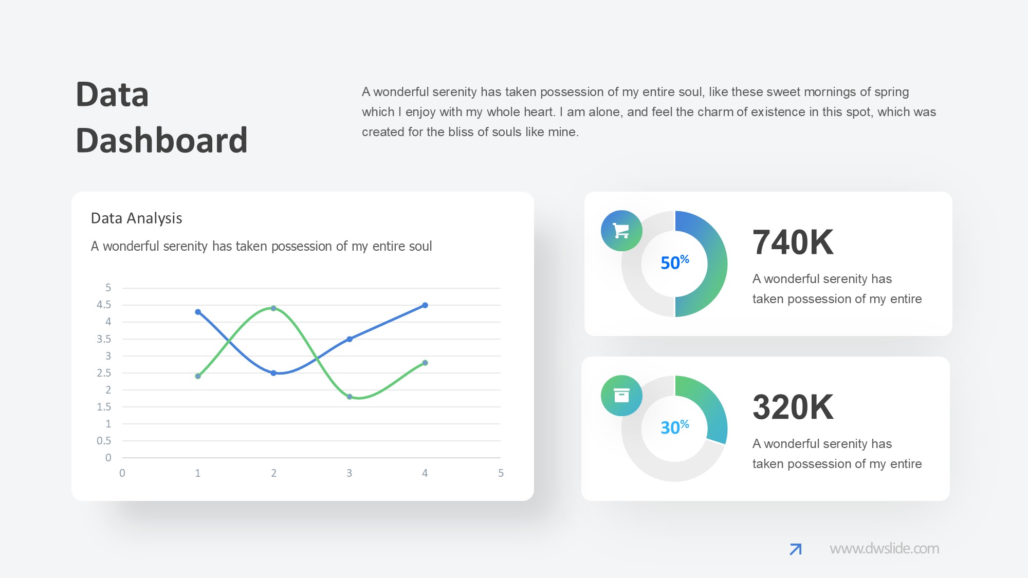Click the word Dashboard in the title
[162, 140]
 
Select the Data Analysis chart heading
[136, 218]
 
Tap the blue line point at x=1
[198, 312]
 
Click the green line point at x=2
[273, 308]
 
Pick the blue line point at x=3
[350, 339]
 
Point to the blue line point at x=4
[425, 305]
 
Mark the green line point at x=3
[350, 397]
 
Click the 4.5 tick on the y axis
[104, 305]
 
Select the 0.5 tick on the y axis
[104, 441]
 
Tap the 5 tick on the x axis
[501, 473]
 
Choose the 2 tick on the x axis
[273, 473]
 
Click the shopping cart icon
[621, 231]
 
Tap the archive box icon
[621, 395]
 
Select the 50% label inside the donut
[675, 262]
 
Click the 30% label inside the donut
[675, 427]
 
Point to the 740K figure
[793, 243]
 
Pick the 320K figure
[793, 407]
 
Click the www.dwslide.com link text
[884, 549]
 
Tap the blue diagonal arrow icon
[796, 549]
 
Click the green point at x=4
[425, 363]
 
